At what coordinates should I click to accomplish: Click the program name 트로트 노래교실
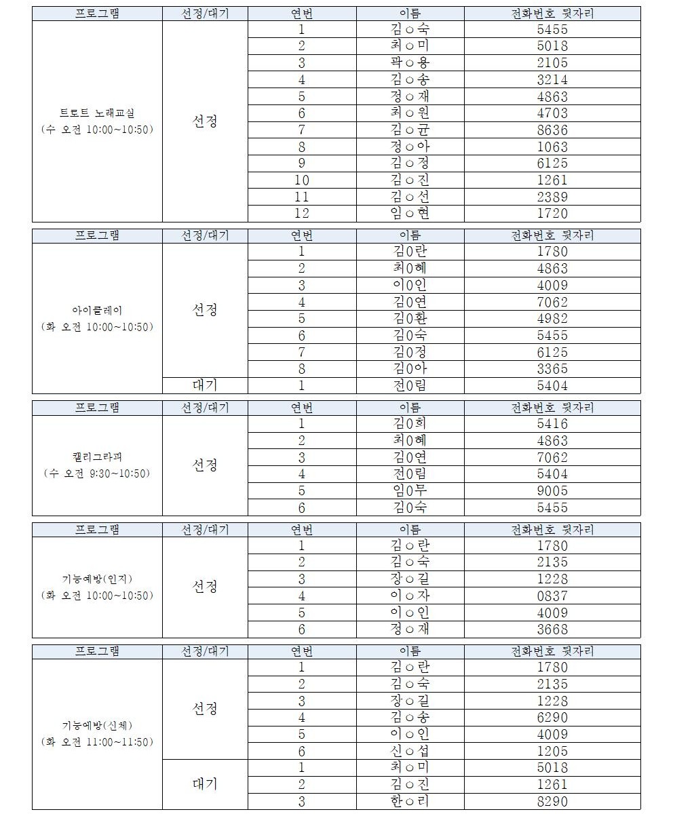click(x=96, y=113)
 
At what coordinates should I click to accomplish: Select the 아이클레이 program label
click(x=96, y=310)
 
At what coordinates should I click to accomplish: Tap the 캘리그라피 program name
click(x=96, y=457)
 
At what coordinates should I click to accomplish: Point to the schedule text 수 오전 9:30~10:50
click(x=96, y=473)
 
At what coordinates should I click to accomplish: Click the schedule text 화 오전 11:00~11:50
click(x=96, y=742)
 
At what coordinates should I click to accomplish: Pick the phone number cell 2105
click(x=552, y=62)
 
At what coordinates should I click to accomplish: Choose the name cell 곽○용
click(x=410, y=62)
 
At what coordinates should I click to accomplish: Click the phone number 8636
click(x=552, y=130)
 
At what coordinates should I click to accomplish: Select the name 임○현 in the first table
click(x=410, y=213)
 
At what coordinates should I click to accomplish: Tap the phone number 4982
click(x=552, y=319)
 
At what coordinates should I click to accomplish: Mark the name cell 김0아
click(x=410, y=369)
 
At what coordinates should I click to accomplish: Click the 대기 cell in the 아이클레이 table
click(x=205, y=385)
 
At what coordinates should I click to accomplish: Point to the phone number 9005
click(x=552, y=490)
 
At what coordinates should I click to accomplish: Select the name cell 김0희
click(x=410, y=424)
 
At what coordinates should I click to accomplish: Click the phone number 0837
click(x=552, y=596)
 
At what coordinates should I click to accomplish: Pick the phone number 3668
click(x=552, y=629)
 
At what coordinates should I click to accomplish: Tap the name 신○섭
click(x=410, y=751)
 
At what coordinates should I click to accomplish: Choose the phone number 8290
click(x=552, y=801)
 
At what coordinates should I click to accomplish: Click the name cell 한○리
click(x=410, y=801)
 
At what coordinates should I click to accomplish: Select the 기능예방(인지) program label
click(x=96, y=579)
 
